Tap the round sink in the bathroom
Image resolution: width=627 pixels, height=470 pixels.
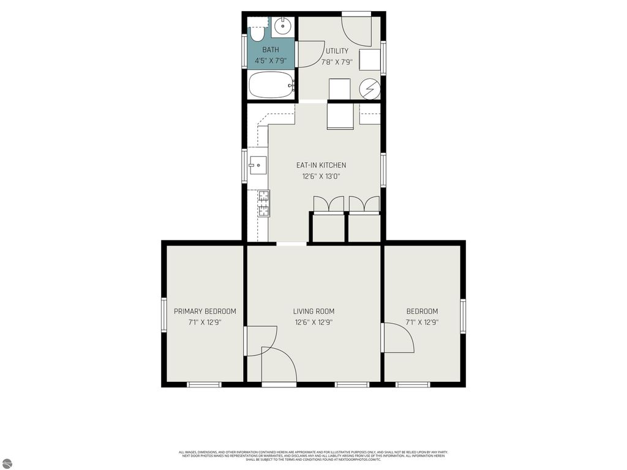pos(283,26)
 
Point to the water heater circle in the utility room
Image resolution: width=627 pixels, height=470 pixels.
pos(369,88)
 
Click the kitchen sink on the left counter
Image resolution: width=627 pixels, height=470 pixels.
pos(257,165)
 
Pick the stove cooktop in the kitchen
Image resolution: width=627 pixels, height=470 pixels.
pos(264,203)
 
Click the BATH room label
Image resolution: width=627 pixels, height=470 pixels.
pos(271,50)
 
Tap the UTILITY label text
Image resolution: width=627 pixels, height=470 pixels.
pos(337,51)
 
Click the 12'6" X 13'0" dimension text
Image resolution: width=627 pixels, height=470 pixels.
pos(321,176)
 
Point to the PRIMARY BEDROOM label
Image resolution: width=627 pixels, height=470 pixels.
pos(205,311)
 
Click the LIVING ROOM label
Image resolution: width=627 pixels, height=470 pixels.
pos(313,311)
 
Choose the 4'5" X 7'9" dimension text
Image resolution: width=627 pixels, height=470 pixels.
pos(271,61)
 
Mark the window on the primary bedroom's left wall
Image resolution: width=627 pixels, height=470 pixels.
pos(164,315)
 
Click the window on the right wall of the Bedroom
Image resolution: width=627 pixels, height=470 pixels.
pos(463,315)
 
